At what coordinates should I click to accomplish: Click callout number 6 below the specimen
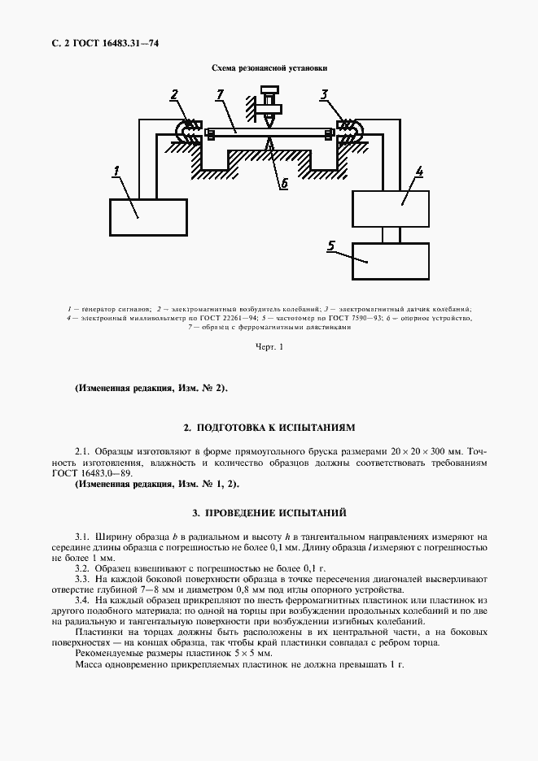pos(284,184)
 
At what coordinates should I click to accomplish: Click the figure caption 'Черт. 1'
pos(268,348)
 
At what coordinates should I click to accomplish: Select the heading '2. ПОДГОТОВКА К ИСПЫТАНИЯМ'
pos(269,427)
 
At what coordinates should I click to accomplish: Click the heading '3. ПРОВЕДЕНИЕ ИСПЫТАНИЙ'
pos(269,513)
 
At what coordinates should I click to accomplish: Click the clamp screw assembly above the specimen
pos(267,102)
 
